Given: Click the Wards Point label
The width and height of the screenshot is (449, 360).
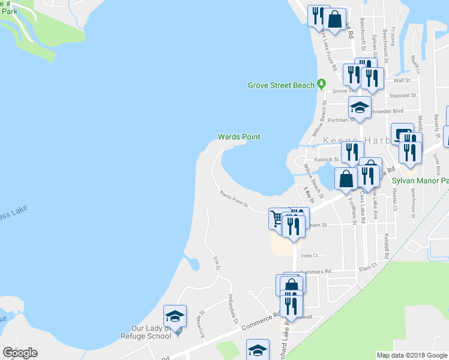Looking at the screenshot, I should tap(239, 137).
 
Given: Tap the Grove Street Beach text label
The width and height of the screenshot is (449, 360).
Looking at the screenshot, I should tap(281, 85).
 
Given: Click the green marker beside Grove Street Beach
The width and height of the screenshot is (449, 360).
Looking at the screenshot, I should tap(321, 84).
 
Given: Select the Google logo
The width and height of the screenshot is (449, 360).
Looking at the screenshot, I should tap(20, 352).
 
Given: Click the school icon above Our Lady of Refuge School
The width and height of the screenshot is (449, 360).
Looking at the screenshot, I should tap(175, 316).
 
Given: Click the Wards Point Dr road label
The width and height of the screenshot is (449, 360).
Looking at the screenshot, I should tap(234, 199).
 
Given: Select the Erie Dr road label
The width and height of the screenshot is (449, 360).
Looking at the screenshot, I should tap(217, 263).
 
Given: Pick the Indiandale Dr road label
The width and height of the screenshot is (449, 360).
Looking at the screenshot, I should tap(232, 309).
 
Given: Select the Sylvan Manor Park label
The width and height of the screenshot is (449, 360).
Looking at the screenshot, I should tap(420, 180).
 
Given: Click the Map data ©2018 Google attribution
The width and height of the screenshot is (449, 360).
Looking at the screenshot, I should tap(412, 355).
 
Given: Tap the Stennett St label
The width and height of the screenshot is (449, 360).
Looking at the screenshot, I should tap(403, 95).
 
